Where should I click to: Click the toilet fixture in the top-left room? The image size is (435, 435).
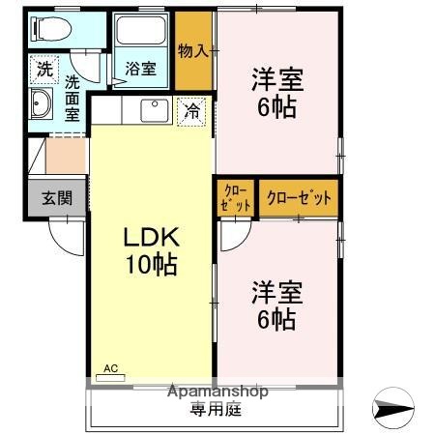[53, 29]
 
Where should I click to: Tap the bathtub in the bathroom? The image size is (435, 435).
[141, 35]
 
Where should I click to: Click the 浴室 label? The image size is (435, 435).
[141, 69]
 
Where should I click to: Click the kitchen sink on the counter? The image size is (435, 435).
[155, 110]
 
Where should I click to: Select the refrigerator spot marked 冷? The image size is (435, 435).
[192, 112]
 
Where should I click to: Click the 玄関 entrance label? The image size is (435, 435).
[56, 199]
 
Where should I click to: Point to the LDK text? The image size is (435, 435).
[151, 238]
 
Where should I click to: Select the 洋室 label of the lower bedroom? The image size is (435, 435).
[277, 290]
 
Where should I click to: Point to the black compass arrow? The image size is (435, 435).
[395, 408]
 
